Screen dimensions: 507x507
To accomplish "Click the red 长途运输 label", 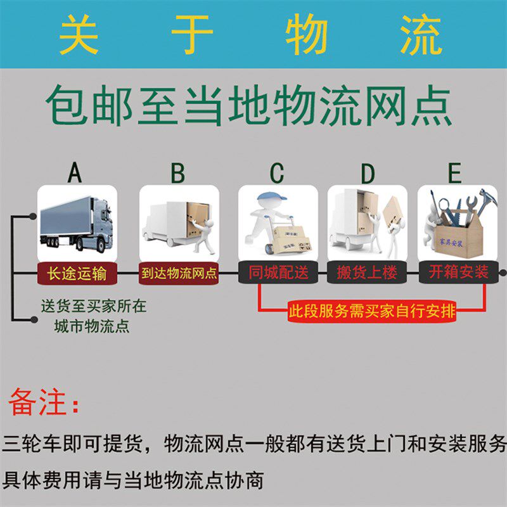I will click(x=77, y=273).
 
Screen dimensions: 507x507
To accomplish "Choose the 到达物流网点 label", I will click(x=179, y=273).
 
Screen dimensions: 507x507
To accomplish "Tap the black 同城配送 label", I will click(x=278, y=273).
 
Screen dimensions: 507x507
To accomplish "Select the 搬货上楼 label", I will click(x=367, y=273).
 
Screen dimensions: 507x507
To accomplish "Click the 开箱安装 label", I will click(x=458, y=273).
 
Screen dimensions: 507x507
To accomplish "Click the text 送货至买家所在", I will click(x=94, y=306).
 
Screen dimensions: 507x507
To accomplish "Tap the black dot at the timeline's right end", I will click(x=503, y=273).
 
